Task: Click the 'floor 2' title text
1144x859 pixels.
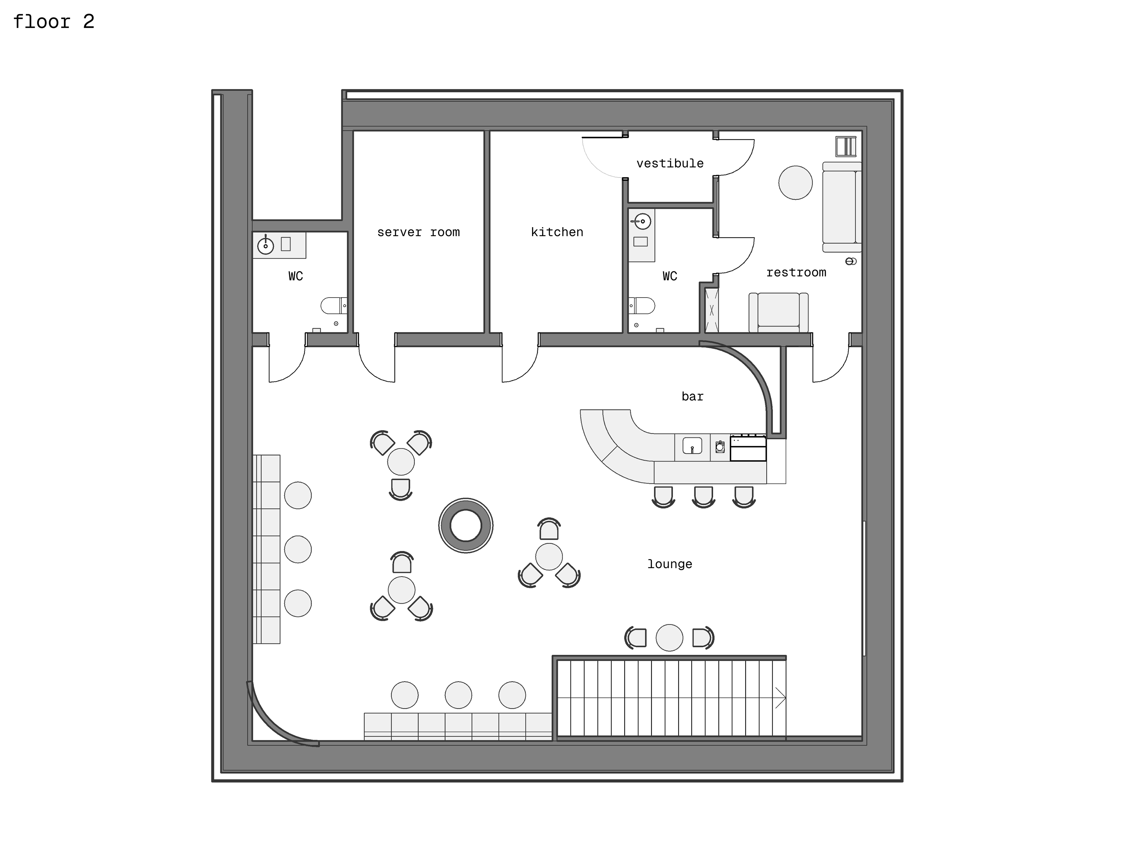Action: coord(54,22)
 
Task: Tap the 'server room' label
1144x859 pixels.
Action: coord(418,232)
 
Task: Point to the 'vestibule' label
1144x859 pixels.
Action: coord(670,164)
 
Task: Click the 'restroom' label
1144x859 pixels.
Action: coord(796,273)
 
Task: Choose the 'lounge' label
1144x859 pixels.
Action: coord(670,564)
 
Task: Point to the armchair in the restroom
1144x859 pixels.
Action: coord(778,313)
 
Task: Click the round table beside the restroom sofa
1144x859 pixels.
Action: coord(795,183)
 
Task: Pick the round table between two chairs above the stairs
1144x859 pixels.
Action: coord(669,638)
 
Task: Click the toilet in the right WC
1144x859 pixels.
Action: coord(642,306)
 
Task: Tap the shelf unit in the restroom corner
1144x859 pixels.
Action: coord(846,146)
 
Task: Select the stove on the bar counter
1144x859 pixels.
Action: coord(748,448)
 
